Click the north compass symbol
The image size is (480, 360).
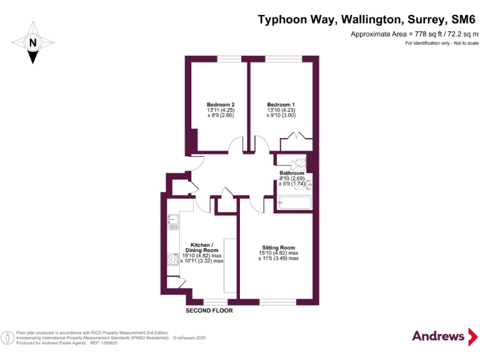tap(32, 42)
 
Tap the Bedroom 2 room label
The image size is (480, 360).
tap(221, 104)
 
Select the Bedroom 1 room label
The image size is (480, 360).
tap(281, 104)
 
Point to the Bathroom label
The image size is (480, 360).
tap(292, 173)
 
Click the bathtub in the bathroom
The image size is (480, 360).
tap(294, 202)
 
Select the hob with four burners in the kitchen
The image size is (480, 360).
tap(173, 260)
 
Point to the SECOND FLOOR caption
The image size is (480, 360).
tap(209, 311)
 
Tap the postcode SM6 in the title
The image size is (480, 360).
tap(460, 19)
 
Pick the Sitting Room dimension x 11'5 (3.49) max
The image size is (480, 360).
tap(278, 258)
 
